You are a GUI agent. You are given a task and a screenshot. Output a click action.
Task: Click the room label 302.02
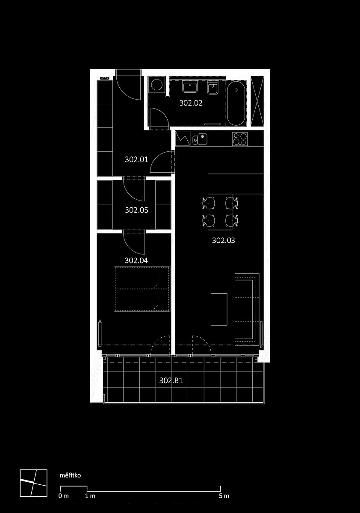191,103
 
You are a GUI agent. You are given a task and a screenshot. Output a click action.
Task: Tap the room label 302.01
136,159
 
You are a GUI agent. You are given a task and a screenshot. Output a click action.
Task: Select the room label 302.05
136,210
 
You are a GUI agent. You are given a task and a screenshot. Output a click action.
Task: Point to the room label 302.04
136,260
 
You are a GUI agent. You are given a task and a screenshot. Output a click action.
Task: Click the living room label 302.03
224,240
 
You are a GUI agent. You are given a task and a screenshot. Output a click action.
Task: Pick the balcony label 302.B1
171,380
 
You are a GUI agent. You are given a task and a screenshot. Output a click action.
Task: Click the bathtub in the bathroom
236,103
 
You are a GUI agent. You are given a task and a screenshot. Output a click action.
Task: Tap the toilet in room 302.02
213,88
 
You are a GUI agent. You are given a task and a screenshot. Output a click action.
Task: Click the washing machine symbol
156,85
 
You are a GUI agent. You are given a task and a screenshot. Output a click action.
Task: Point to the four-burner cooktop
240,139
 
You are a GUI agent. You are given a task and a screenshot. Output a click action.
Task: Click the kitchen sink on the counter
200,139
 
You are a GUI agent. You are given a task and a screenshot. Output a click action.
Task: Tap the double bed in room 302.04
142,289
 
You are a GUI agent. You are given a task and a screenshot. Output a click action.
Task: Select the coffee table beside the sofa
219,310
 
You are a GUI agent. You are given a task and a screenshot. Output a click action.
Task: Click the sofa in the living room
247,309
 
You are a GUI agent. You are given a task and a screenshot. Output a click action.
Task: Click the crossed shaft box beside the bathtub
257,101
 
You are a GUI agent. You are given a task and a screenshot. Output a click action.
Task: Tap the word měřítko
70,475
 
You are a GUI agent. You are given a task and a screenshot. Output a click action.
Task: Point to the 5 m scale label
224,496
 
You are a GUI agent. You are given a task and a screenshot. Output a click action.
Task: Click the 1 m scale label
90,496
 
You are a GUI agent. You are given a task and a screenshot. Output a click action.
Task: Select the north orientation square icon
34,483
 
